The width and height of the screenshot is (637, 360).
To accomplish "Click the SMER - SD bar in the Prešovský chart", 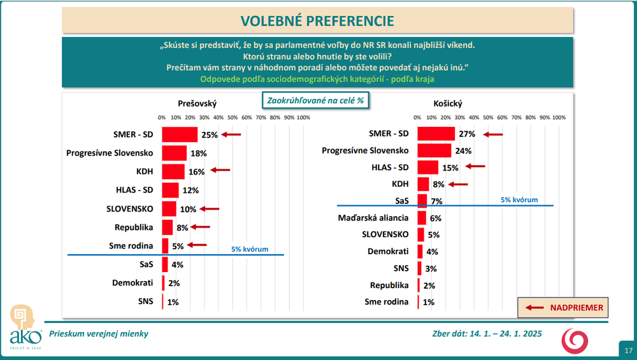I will pyautogui.click(x=180, y=134).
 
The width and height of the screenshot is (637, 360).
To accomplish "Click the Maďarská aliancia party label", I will pyautogui.click(x=373, y=218).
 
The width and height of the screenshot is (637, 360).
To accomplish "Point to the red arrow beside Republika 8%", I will pyautogui.click(x=200, y=227).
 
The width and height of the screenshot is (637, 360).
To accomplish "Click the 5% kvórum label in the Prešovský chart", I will pyautogui.click(x=250, y=249).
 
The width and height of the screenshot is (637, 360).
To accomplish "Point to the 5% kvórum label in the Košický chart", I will pyautogui.click(x=519, y=199).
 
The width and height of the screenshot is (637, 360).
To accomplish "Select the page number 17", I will pyautogui.click(x=628, y=351).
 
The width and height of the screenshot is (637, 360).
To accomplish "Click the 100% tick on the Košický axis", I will pyautogui.click(x=559, y=118).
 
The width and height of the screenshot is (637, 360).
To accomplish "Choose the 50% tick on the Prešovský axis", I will pyautogui.click(x=233, y=118).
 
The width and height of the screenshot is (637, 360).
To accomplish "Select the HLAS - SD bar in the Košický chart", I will pyautogui.click(x=427, y=168).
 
